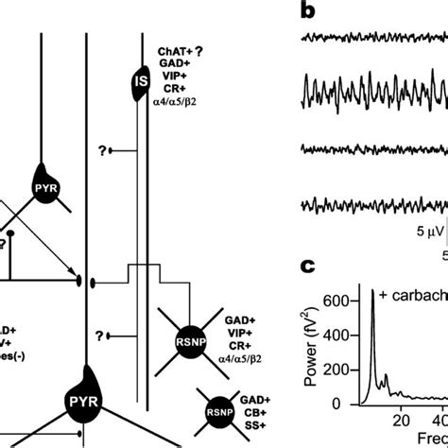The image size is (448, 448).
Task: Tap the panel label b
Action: coord(309,10)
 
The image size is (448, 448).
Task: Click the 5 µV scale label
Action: coord(407,230)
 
